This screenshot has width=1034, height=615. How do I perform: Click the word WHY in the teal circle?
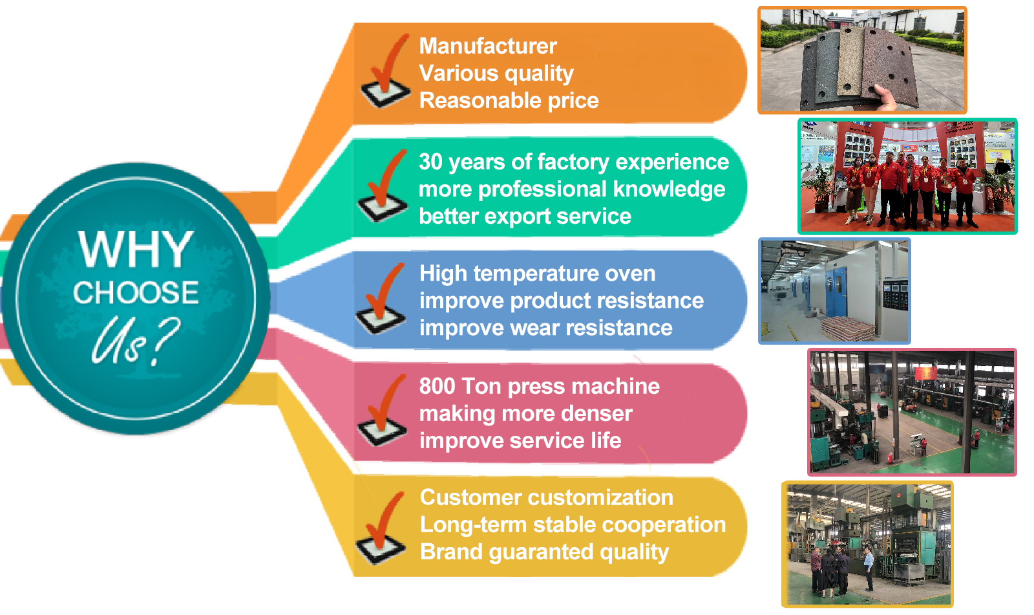135,249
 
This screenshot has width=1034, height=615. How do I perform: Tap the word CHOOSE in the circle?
136,292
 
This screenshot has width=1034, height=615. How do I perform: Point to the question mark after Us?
164,341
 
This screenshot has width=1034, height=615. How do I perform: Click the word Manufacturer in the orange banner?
488,46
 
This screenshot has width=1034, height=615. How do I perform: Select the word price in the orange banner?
573,102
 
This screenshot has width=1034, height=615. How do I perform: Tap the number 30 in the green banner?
430,162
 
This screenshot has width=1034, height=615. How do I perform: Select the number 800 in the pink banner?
437,386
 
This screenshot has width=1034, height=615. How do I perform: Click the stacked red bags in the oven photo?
849,328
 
